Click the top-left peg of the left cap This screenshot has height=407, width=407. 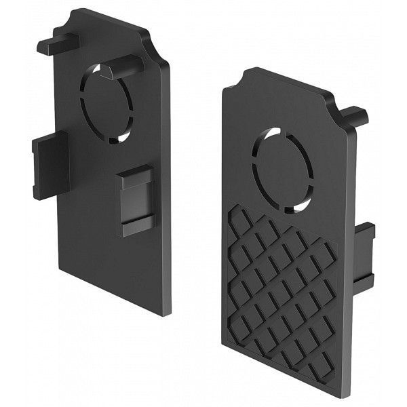(x=57, y=44)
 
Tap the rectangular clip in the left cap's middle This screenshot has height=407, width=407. (x=135, y=199)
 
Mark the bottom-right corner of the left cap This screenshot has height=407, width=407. (x=166, y=313)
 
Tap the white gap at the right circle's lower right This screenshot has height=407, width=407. (x=303, y=203)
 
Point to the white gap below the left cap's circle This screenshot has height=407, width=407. (x=120, y=137)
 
